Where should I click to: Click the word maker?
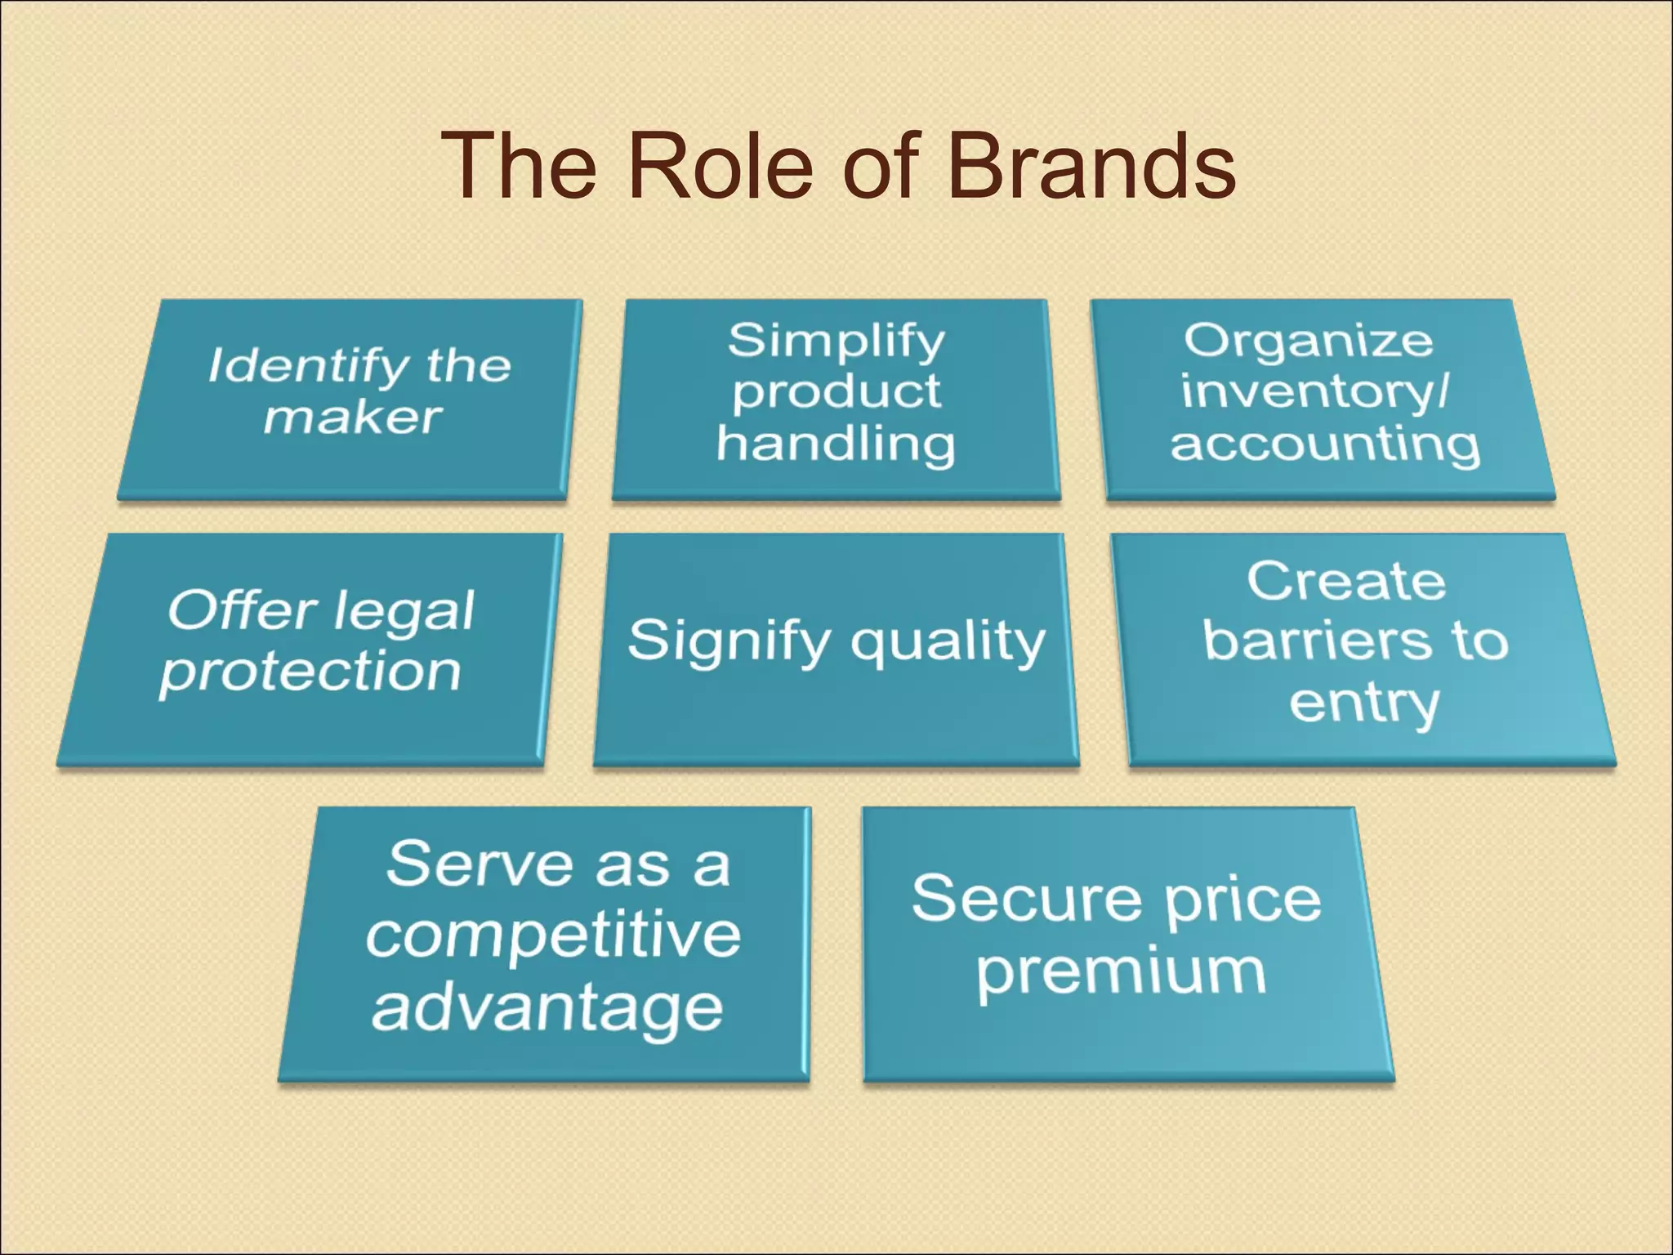pos(352,418)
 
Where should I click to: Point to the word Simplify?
pos(836,342)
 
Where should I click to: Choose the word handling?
pos(836,445)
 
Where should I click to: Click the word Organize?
pos(1308,342)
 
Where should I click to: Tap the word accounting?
pos(1324,445)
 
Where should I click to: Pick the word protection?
pos(310,673)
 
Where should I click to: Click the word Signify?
pos(729,642)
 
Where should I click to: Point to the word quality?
pos(948,642)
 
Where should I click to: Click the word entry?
pos(1364,703)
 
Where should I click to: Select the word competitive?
pos(553,936)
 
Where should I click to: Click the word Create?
pos(1346,582)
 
